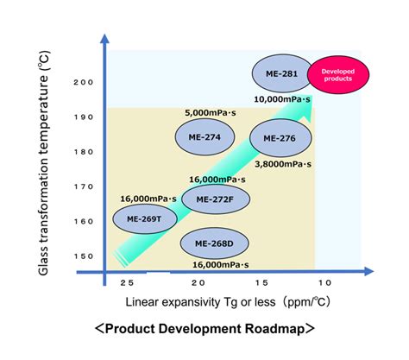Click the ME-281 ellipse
(x=282, y=73)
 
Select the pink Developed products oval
(x=338, y=75)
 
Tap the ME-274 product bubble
(x=204, y=137)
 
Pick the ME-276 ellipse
(x=280, y=138)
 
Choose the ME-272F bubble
(x=216, y=199)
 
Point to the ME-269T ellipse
(x=145, y=219)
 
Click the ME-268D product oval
(x=215, y=243)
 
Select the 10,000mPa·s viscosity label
(x=282, y=99)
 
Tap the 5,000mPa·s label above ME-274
(x=211, y=113)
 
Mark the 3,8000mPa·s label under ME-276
(x=283, y=164)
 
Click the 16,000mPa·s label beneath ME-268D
(x=221, y=265)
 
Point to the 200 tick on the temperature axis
(x=84, y=83)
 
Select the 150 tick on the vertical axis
(x=84, y=256)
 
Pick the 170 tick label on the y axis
(x=84, y=187)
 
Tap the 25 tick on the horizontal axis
(x=127, y=283)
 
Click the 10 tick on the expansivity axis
(x=324, y=283)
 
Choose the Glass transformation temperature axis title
(x=44, y=163)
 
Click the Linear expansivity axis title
(x=228, y=302)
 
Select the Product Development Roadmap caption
(x=204, y=329)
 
